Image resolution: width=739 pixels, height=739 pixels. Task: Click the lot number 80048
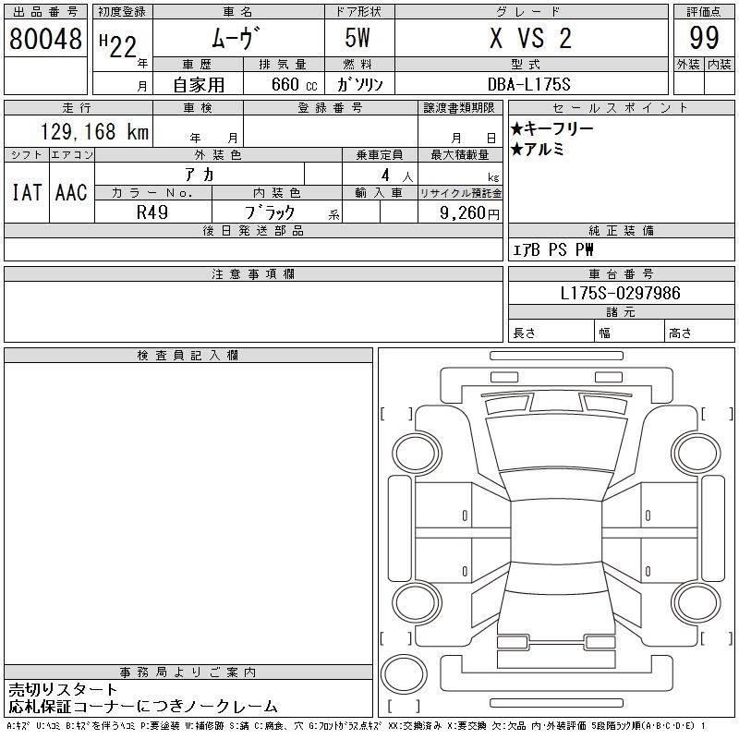45,39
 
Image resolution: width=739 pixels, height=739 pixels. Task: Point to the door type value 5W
358,39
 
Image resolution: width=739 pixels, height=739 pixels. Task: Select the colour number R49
152,212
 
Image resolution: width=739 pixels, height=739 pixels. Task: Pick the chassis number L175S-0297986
621,293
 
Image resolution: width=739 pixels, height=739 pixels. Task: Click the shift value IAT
27,192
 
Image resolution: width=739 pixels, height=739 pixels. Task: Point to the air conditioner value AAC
71,192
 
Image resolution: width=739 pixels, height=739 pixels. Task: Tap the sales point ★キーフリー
551,128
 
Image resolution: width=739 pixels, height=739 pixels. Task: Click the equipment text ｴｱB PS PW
553,250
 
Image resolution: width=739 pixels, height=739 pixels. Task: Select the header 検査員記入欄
188,356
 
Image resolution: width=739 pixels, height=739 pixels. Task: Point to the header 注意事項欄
252,274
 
